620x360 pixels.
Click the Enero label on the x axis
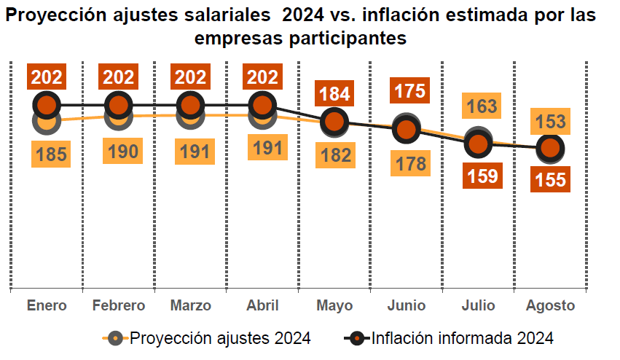pos(47,305)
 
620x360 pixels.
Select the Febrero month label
pos(119,305)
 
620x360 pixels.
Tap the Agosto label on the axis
pos(550,305)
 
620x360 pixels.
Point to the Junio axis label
pos(406,305)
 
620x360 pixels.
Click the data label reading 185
pos(51,154)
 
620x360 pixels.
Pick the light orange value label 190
pos(122,151)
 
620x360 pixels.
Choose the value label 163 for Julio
pos(482,106)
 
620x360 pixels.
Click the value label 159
pos(482,176)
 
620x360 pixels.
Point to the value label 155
pos(550,179)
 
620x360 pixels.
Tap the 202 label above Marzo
pos(190,77)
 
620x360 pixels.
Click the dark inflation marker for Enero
pos(47,105)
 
